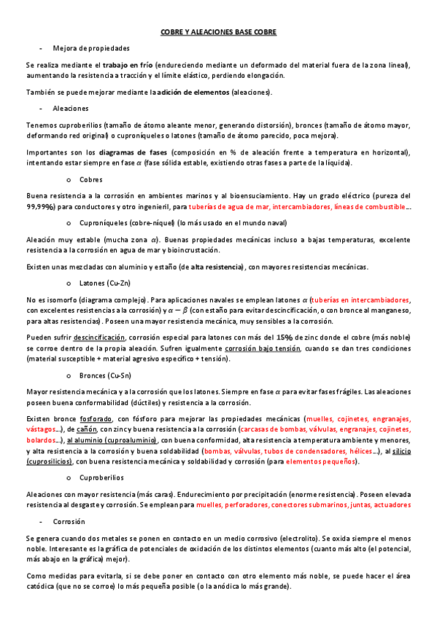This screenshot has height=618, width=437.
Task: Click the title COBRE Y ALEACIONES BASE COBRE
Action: (x=218, y=33)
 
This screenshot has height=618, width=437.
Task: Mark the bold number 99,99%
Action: (x=41, y=207)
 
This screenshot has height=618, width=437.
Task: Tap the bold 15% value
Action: (x=285, y=337)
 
